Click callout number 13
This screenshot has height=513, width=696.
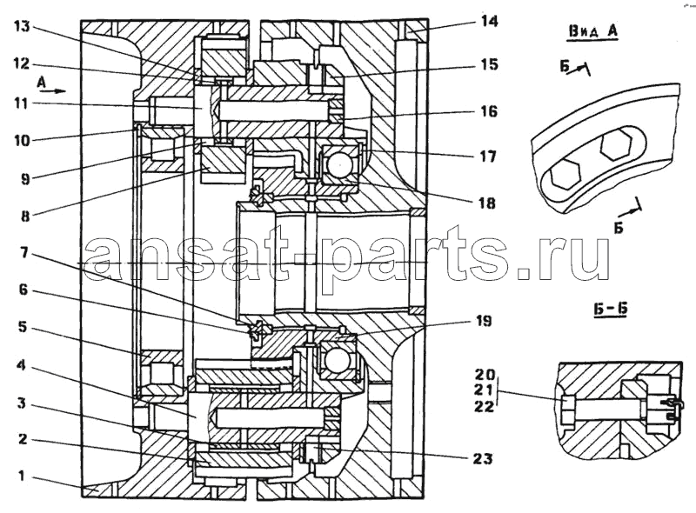coord(22,27)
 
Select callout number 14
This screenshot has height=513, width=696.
coord(489,21)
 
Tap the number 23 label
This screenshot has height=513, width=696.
coord(484,457)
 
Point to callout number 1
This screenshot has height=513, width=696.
coord(21,476)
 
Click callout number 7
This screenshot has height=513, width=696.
coord(24,253)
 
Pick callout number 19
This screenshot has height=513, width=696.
coord(484,320)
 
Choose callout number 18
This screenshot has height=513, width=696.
coord(487,203)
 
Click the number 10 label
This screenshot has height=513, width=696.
coord(22,141)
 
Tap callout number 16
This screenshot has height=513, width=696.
coord(489,111)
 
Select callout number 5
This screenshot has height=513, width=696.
coord(23,327)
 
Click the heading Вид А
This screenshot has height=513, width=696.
coord(592,32)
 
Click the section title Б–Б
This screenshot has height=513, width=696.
coord(612,310)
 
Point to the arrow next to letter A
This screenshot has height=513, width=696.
coord(52,91)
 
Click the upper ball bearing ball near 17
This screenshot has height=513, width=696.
coord(339,165)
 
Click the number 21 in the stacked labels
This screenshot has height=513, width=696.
coord(484,390)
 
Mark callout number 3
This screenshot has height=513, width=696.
coord(22,403)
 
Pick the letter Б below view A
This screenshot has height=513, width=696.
coord(619,227)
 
